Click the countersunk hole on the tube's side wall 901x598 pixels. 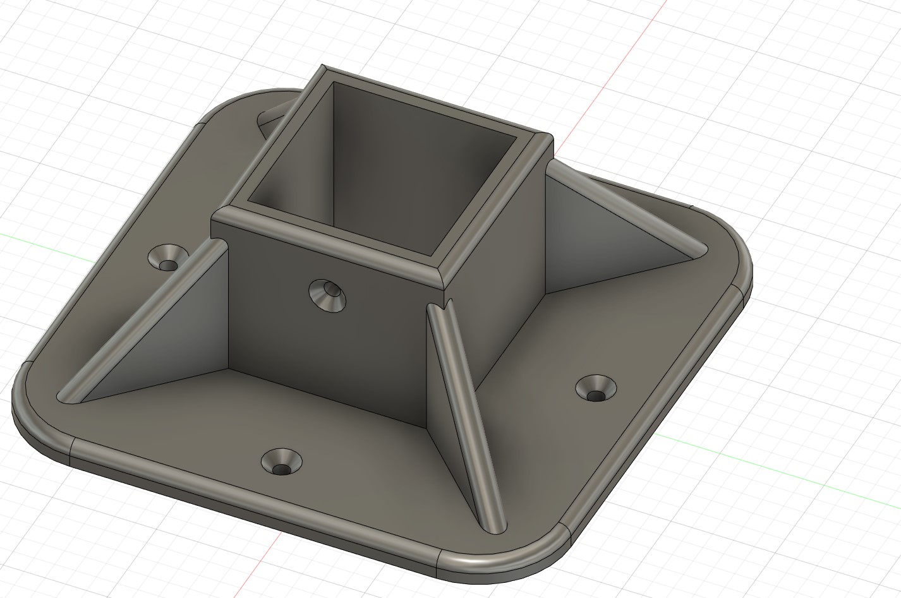328,294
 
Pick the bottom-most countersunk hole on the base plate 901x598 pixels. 281,462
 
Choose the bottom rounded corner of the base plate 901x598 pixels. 499,556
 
